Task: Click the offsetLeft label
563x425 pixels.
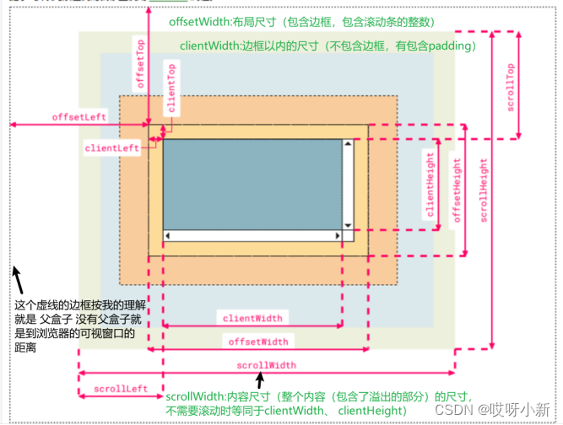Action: tap(79, 116)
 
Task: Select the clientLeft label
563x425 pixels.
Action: tap(112, 148)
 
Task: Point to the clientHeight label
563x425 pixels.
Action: tap(430, 186)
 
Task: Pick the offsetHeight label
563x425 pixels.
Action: tap(457, 189)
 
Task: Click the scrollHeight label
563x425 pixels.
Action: tap(483, 190)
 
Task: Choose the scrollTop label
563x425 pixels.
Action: tap(510, 88)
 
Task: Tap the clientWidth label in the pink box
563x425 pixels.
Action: tap(252, 318)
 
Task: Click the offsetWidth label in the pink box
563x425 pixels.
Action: tap(258, 342)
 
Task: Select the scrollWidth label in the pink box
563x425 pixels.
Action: tap(266, 365)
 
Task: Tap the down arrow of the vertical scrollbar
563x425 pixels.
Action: tap(348, 225)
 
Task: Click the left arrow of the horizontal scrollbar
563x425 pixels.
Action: tap(169, 236)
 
